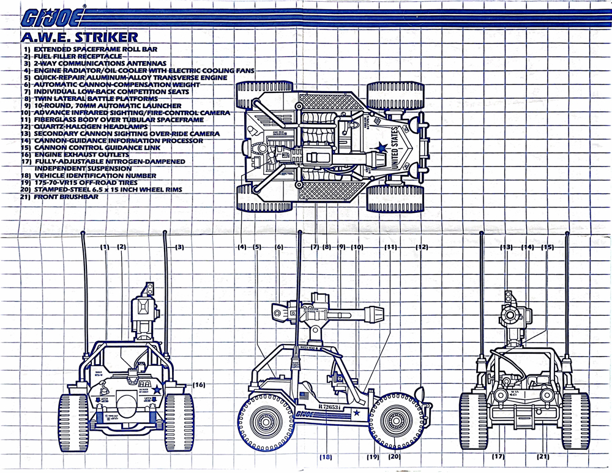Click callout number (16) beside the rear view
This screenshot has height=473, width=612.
198,385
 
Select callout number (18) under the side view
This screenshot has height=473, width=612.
326,456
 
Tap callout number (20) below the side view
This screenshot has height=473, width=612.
394,456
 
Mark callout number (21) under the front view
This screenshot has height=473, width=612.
543,456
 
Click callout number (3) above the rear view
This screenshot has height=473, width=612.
179,247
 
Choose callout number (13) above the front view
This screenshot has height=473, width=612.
506,247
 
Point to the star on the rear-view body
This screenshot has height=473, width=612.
157,388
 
